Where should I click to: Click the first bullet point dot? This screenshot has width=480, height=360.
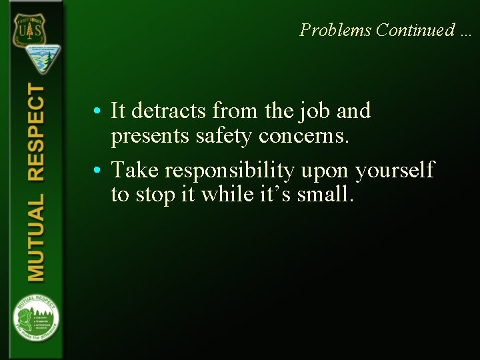[97, 111]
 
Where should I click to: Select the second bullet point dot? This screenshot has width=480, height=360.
[97, 171]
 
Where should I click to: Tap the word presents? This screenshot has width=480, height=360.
[148, 137]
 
